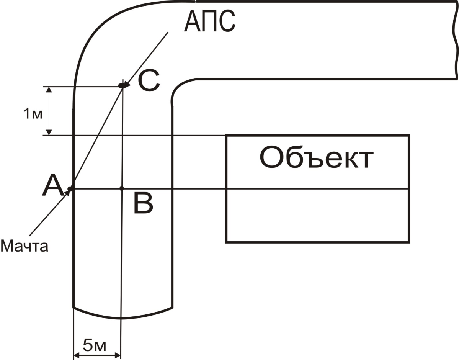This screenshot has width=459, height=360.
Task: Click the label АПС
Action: [209, 22]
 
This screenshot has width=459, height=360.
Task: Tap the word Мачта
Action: [25, 245]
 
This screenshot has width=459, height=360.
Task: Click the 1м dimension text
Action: [32, 114]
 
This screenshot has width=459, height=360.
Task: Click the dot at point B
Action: [122, 188]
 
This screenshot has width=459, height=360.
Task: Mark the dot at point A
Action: [70, 188]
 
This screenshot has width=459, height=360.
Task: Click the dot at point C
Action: [122, 86]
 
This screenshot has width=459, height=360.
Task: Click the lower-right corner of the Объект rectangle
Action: [409, 242]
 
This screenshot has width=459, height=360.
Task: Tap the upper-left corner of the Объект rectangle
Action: [226, 135]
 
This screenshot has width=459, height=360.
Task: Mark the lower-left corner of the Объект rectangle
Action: [226, 242]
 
